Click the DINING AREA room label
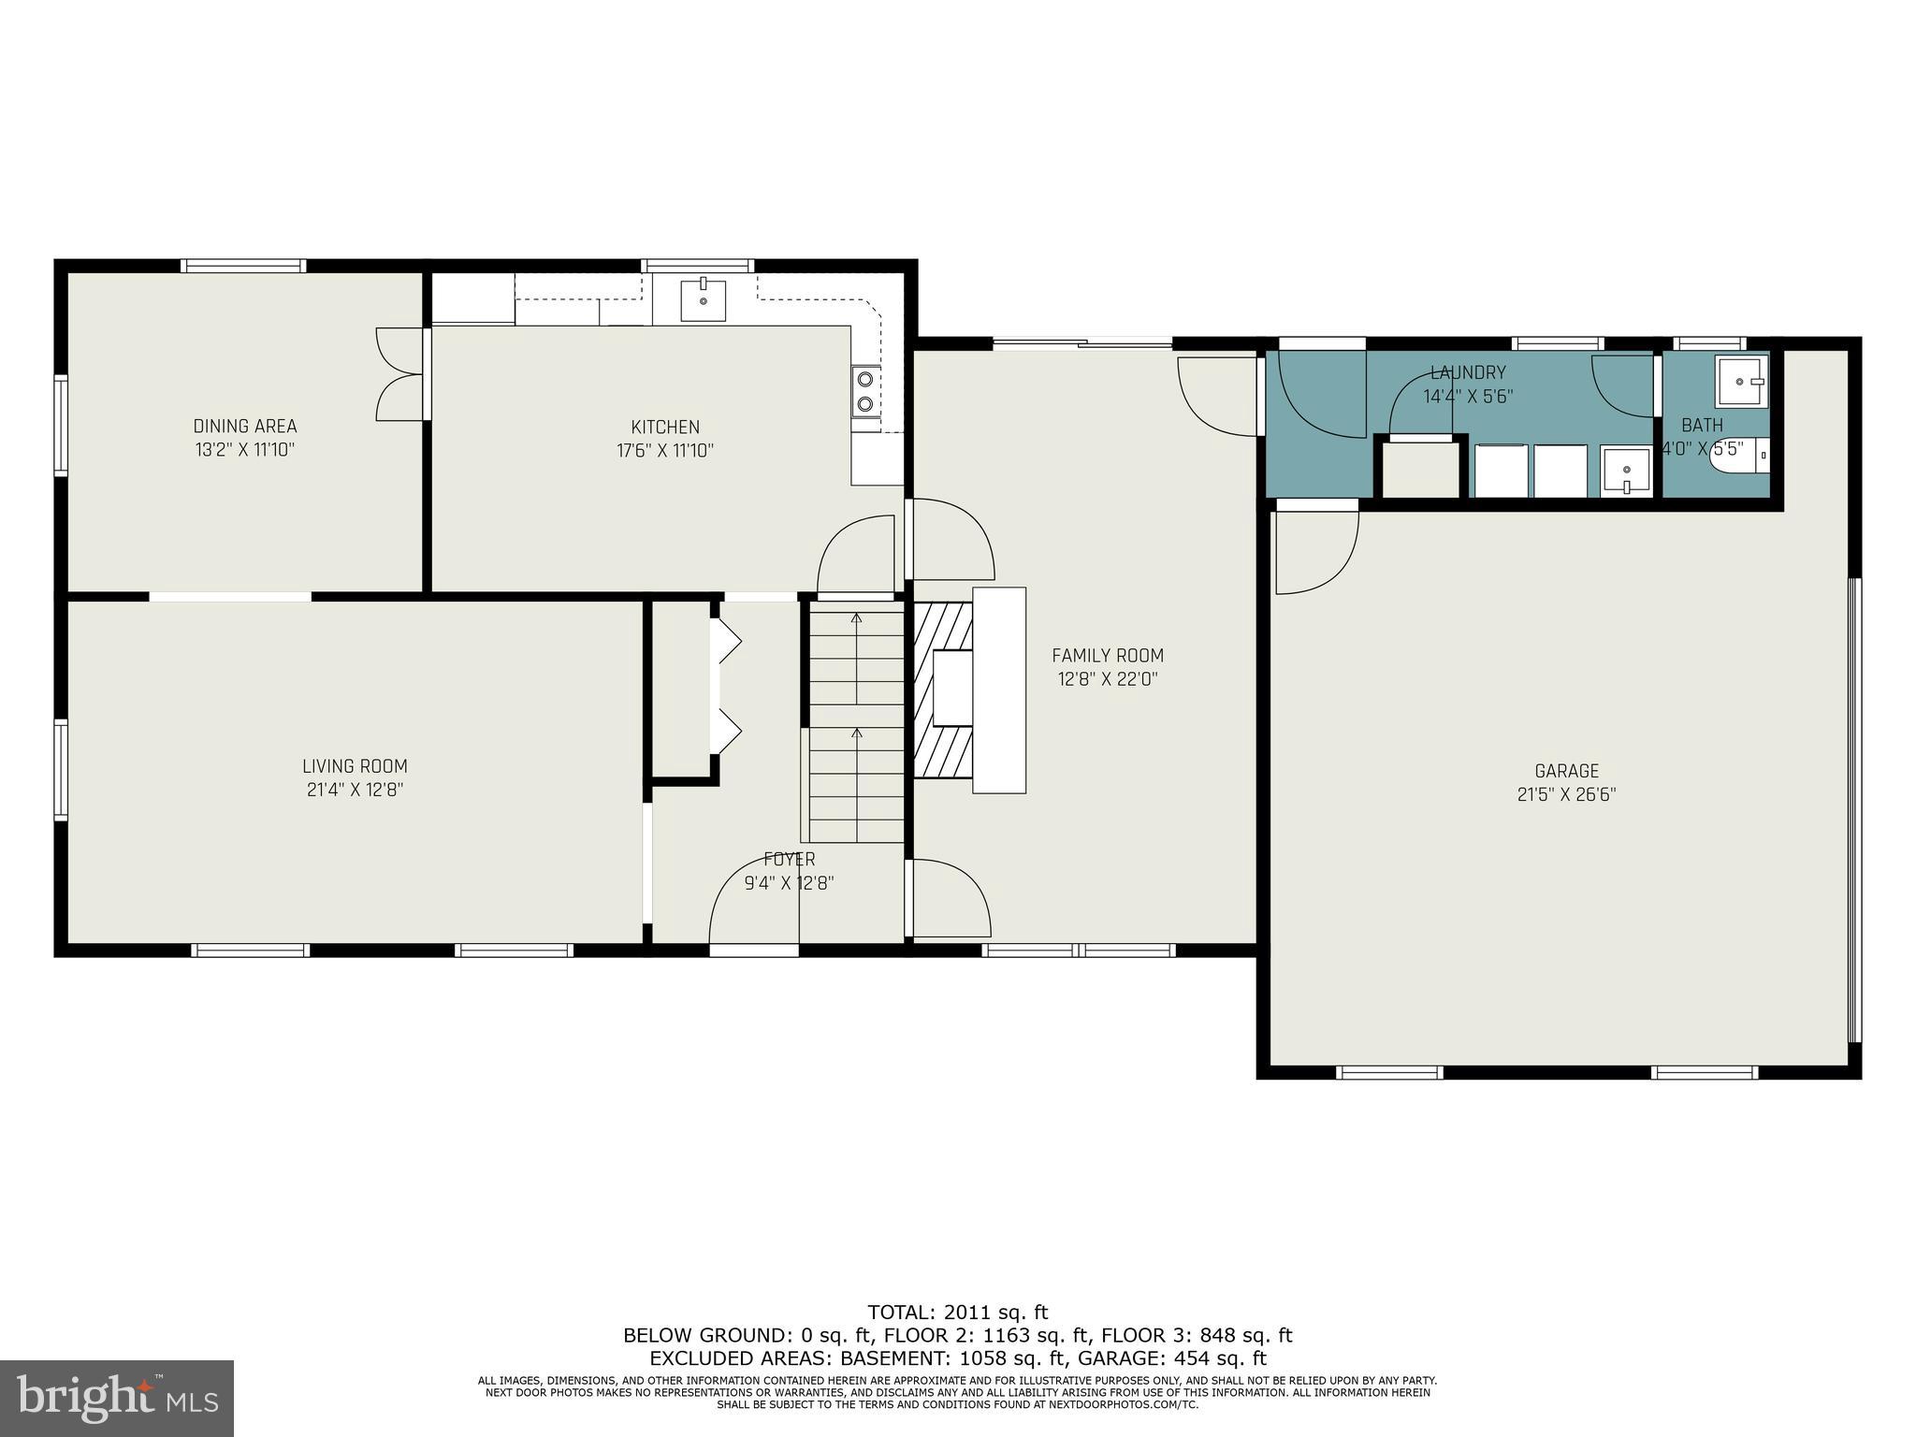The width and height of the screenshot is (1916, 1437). click(x=244, y=427)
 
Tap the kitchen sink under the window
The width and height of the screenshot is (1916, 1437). click(x=703, y=299)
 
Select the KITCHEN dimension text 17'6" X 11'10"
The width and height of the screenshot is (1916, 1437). click(x=664, y=451)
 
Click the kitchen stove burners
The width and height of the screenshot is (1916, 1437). click(x=865, y=391)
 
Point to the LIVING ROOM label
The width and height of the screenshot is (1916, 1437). click(x=355, y=766)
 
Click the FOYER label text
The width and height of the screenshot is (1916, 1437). click(x=789, y=859)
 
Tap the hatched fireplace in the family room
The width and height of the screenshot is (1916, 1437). click(x=943, y=690)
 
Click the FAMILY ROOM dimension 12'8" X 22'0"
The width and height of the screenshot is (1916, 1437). click(x=1108, y=679)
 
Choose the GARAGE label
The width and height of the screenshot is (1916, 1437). click(x=1566, y=771)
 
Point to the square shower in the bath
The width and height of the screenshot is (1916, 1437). click(x=1741, y=381)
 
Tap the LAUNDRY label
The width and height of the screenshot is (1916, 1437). click(x=1468, y=372)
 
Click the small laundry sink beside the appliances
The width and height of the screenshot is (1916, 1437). click(x=1626, y=472)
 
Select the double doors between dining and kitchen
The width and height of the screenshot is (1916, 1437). click(x=400, y=374)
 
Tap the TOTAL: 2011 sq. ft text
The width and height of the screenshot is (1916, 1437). click(x=957, y=1313)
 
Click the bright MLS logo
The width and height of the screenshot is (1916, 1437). click(x=117, y=1398)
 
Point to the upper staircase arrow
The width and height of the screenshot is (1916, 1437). click(x=856, y=617)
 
